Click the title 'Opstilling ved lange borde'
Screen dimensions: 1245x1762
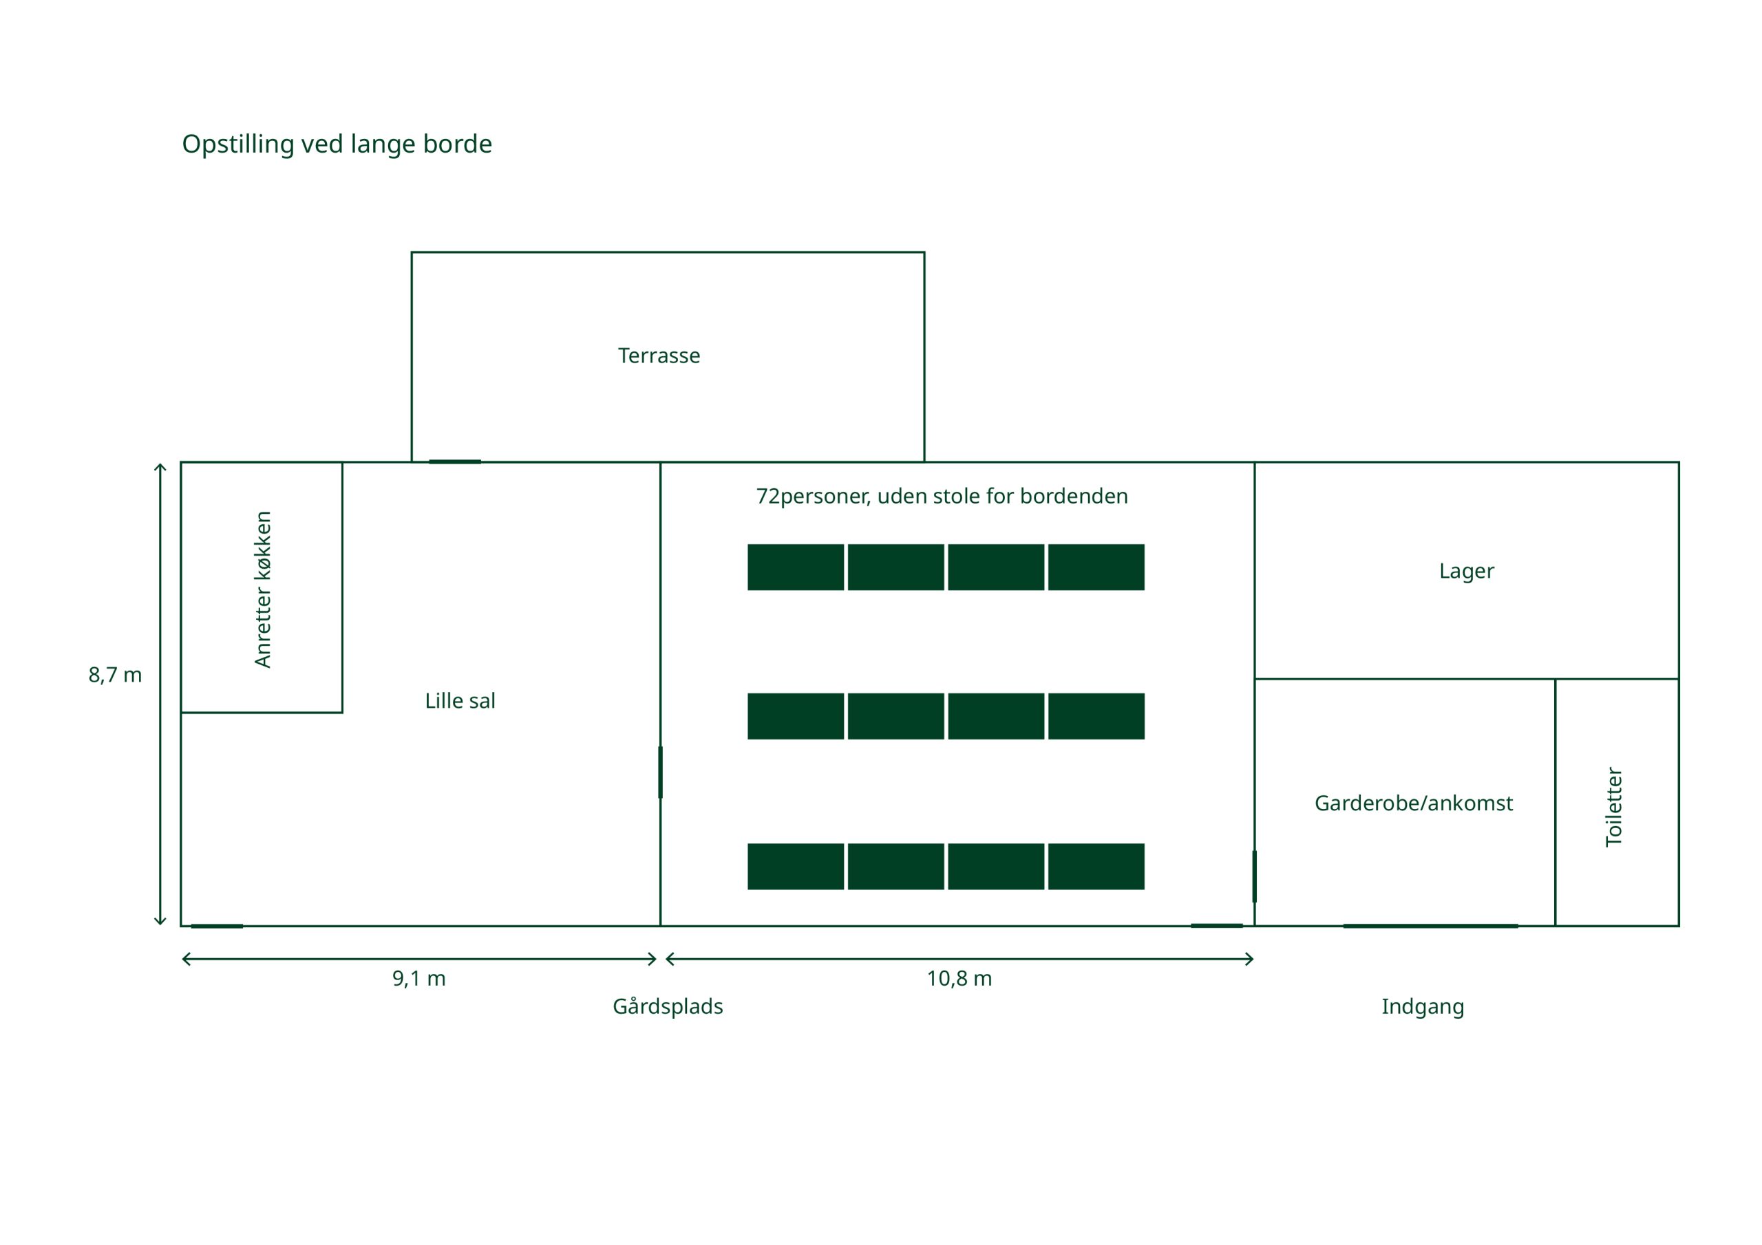[336, 144]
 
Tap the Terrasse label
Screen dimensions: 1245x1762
[659, 356]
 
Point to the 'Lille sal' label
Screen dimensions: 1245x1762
[460, 701]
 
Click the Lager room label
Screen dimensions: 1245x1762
[1466, 572]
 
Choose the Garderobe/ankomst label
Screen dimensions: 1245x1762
[1413, 803]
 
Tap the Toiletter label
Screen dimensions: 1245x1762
[1613, 806]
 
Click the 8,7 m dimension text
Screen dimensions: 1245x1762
[115, 675]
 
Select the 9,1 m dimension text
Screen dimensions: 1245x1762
[418, 979]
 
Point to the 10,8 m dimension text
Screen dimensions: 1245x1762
[959, 979]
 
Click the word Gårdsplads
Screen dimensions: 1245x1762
[667, 1006]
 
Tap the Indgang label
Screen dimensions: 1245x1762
[1422, 1006]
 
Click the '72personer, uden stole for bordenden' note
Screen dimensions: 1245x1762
[942, 497]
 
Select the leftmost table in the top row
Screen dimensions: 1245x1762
[795, 567]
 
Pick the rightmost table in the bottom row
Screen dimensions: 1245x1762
[1095, 867]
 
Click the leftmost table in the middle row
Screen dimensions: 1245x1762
[795, 717]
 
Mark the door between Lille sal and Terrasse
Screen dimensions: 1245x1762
[454, 462]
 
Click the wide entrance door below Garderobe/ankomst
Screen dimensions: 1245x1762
[1430, 926]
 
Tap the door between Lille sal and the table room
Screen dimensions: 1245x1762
[660, 772]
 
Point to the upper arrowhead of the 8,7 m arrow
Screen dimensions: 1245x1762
[160, 466]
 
